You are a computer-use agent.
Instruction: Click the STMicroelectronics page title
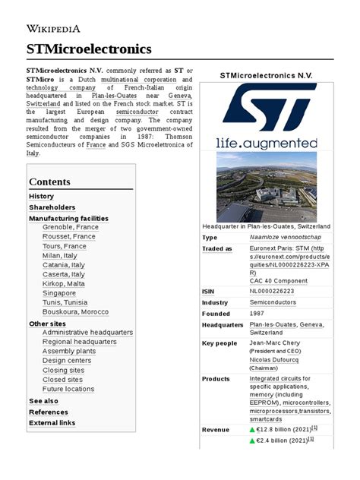click(x=89, y=49)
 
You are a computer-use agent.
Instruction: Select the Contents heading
click(x=49, y=182)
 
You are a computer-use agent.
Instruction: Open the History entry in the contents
click(x=41, y=196)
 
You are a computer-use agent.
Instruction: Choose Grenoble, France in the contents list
click(x=71, y=227)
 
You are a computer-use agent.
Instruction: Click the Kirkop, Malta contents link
click(x=64, y=283)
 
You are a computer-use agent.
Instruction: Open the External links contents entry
click(x=52, y=423)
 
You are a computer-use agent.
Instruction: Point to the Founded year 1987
click(x=258, y=314)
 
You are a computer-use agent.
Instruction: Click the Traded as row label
click(x=217, y=248)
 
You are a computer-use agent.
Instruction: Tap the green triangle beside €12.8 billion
click(x=253, y=430)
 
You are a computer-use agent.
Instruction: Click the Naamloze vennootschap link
click(x=281, y=238)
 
